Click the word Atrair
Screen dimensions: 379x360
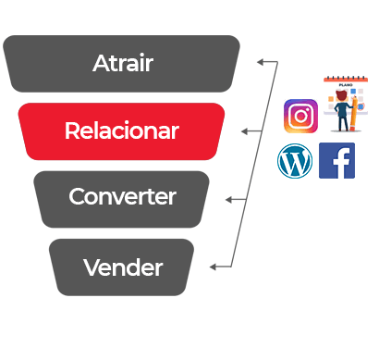[123, 63]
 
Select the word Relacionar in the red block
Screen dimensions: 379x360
[122, 130]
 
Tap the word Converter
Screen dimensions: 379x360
[122, 196]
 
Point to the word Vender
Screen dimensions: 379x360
[123, 267]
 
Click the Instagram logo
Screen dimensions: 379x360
[300, 116]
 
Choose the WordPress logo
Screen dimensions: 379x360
[295, 161]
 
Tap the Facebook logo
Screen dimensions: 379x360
[336, 160]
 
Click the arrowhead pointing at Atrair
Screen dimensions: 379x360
[261, 62]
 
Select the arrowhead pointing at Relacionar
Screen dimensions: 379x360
[245, 131]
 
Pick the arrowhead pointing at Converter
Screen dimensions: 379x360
[229, 200]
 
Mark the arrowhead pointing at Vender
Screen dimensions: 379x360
[214, 267]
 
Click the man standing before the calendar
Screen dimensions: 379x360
[342, 110]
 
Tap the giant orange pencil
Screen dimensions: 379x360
[354, 113]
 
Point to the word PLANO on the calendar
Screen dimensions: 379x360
[346, 85]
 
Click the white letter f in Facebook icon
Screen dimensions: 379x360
[341, 163]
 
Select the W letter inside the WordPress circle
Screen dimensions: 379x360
[295, 161]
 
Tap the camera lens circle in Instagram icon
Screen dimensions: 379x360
[300, 117]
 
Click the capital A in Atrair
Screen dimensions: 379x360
[102, 63]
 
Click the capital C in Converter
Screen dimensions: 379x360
[77, 196]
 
